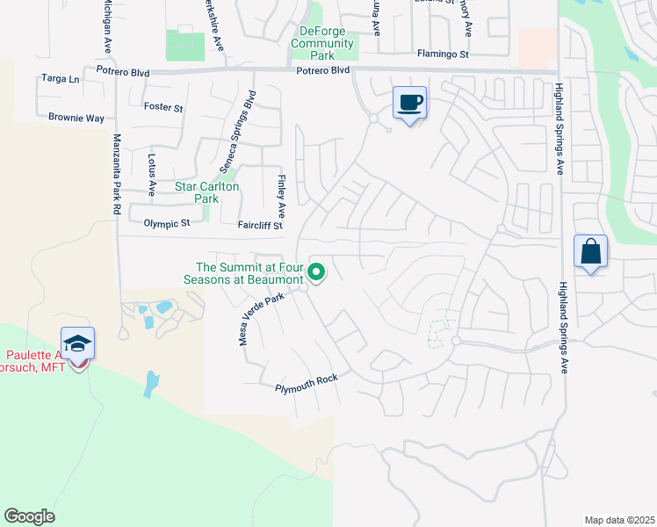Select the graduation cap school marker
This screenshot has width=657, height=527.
click(78, 344)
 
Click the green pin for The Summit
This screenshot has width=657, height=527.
click(316, 274)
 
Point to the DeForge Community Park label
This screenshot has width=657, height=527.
click(321, 43)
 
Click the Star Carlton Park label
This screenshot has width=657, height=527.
click(207, 192)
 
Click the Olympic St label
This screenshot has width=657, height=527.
click(167, 224)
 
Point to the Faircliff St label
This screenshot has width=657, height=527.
click(260, 225)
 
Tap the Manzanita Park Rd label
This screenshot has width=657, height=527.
click(115, 175)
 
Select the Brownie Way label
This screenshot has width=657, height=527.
click(76, 117)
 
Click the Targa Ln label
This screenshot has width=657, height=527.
click(61, 78)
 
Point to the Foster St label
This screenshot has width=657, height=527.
click(162, 108)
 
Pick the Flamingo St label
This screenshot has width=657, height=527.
click(444, 54)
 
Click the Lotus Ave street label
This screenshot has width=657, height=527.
click(151, 175)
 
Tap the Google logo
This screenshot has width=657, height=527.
click(29, 516)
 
